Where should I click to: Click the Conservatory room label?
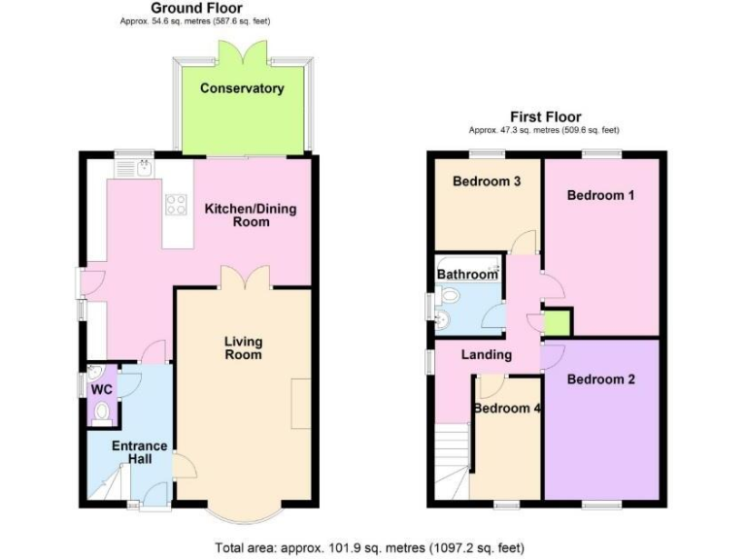(242, 88)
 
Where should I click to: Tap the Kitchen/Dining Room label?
(250, 215)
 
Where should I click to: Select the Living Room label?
(243, 347)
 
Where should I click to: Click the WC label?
(101, 389)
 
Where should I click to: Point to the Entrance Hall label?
(140, 453)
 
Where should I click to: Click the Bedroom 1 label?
(600, 195)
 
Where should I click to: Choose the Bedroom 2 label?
(600, 379)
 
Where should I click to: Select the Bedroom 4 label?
(507, 409)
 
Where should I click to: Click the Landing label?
(487, 354)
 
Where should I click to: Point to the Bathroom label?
(466, 275)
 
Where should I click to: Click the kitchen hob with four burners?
(177, 204)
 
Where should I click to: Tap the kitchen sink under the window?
(133, 169)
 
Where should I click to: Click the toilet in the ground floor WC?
(102, 411)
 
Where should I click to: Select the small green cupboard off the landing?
(557, 322)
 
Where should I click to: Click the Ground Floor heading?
(197, 8)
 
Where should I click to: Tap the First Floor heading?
(545, 116)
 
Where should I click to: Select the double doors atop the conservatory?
(241, 51)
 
